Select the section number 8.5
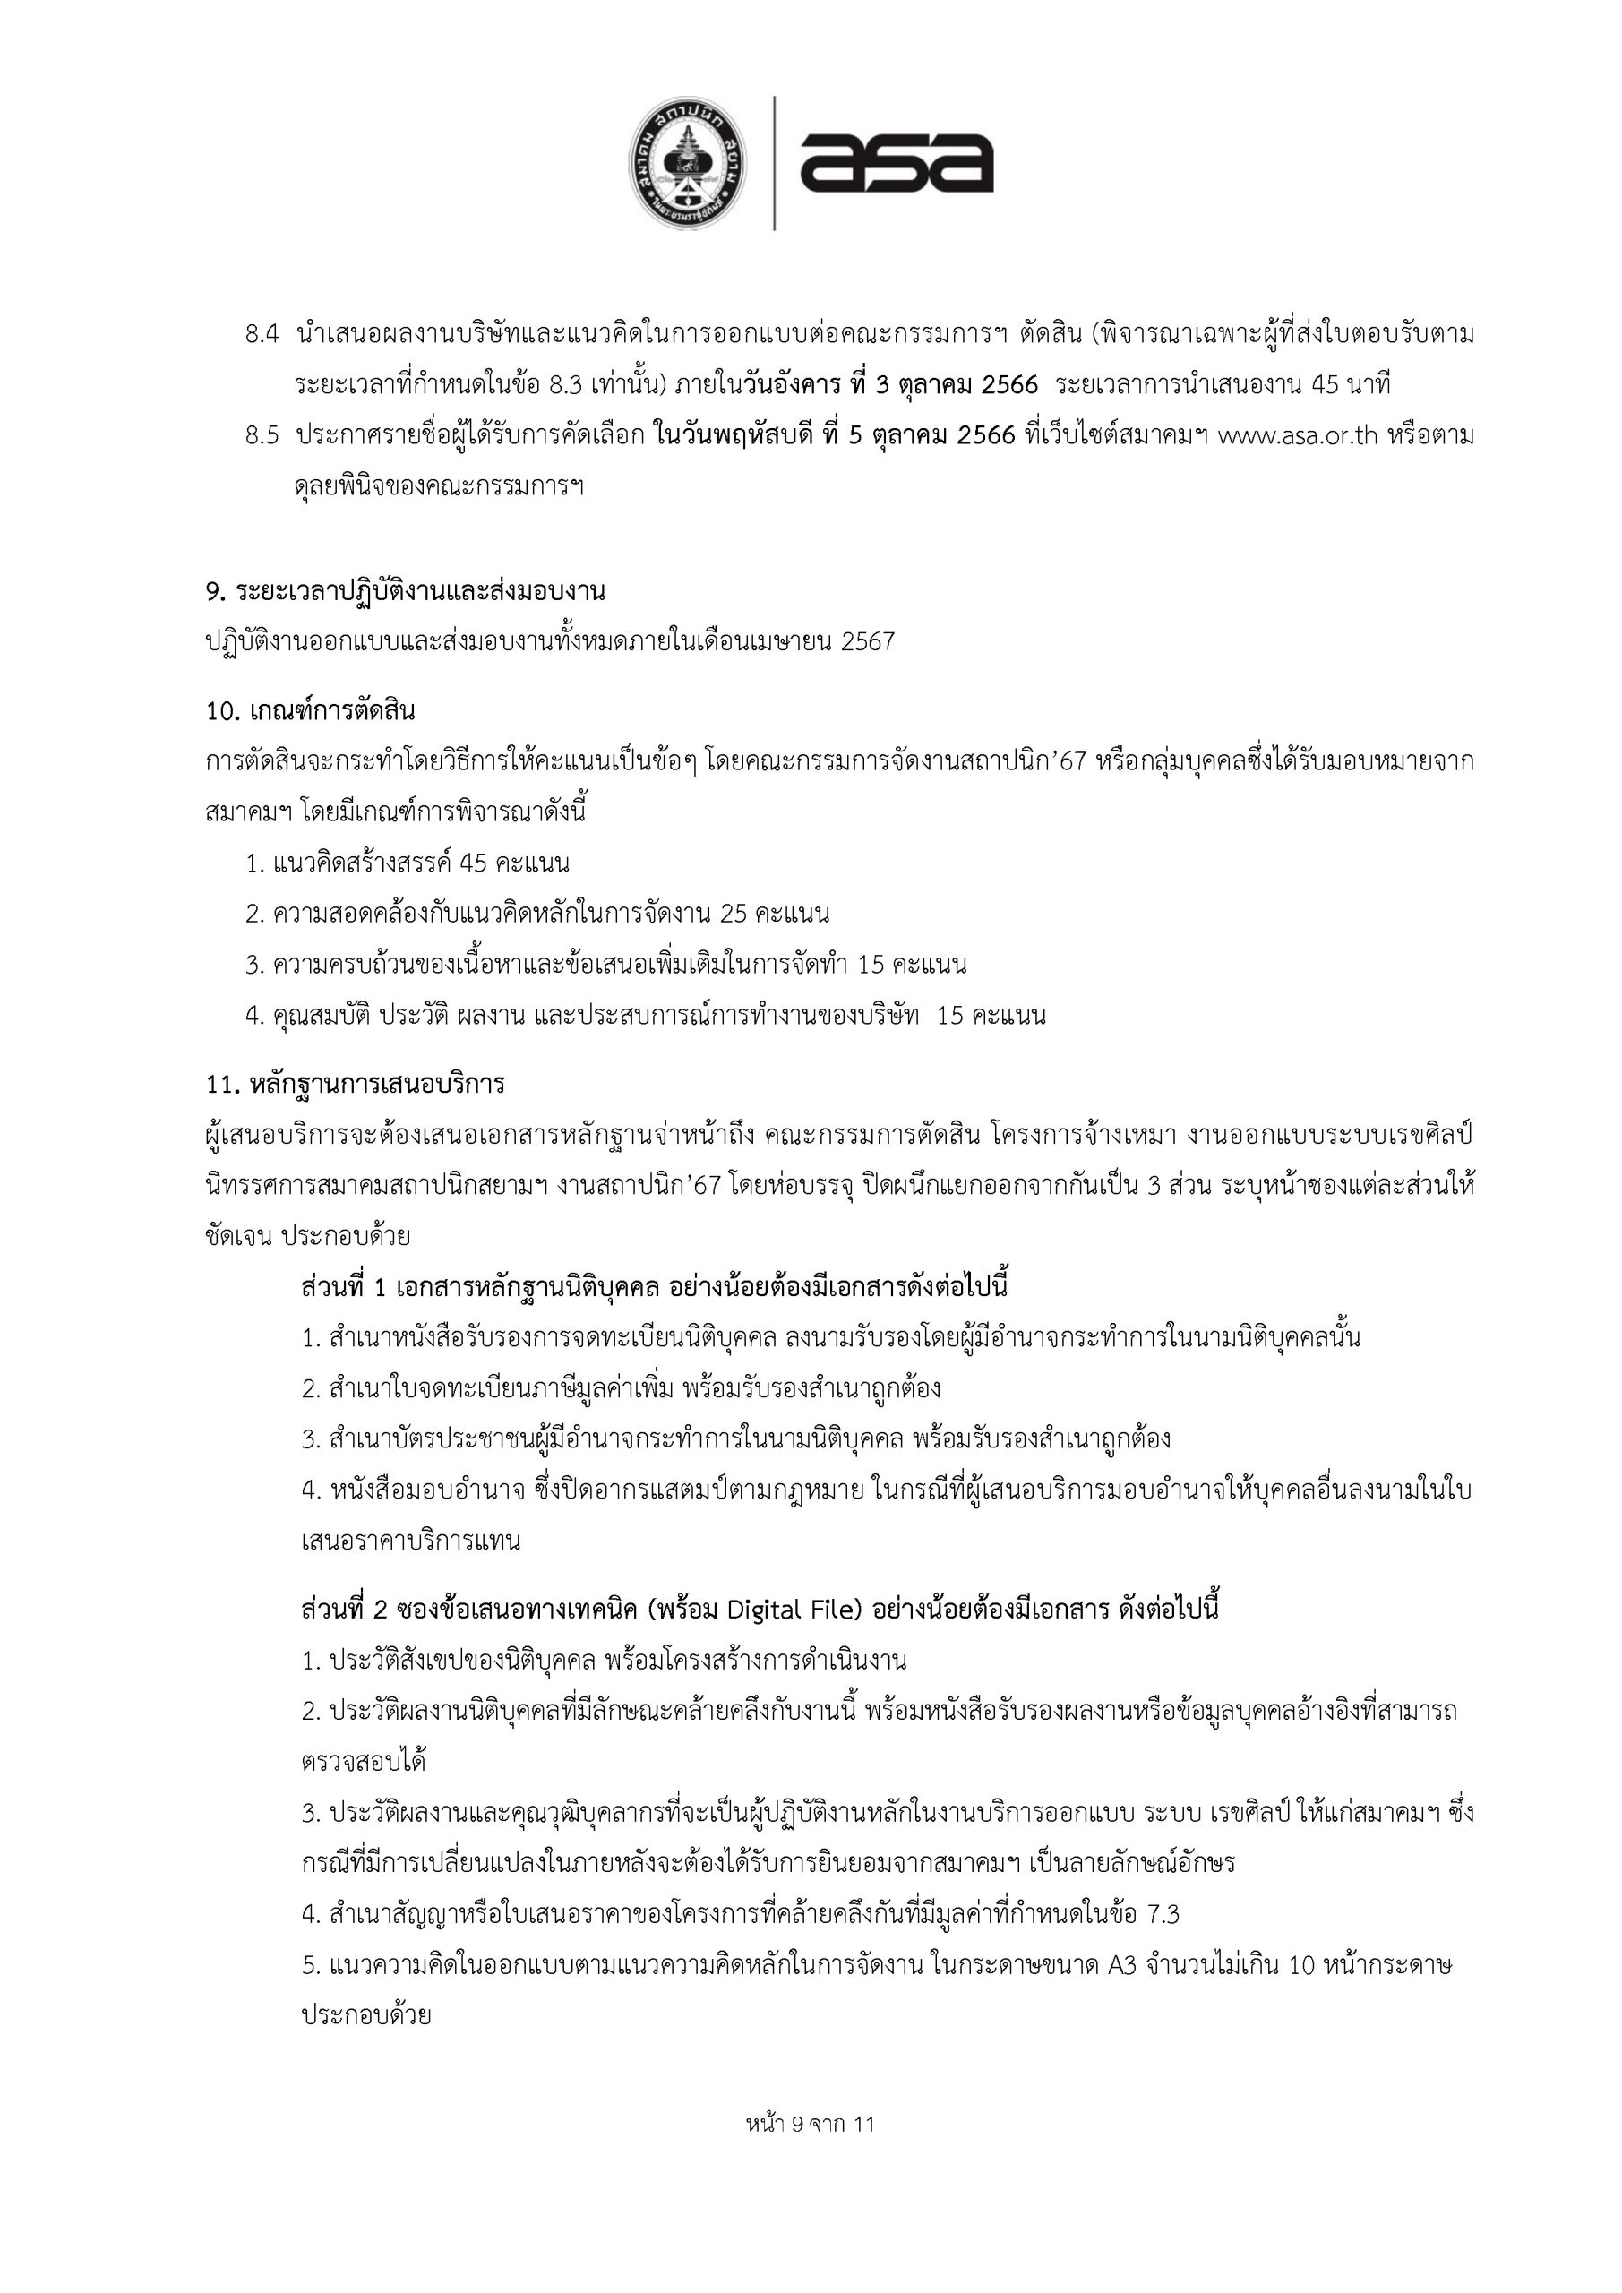point(262,436)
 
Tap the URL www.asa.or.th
point(1299,436)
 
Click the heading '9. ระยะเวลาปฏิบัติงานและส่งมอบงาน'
point(406,591)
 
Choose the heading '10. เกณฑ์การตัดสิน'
point(311,712)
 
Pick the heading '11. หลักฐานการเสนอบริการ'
point(356,1083)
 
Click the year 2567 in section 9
point(868,642)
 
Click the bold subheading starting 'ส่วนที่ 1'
point(653,1286)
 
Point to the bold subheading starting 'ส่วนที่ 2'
point(760,1610)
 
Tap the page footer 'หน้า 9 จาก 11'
point(810,2152)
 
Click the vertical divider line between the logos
point(775,164)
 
